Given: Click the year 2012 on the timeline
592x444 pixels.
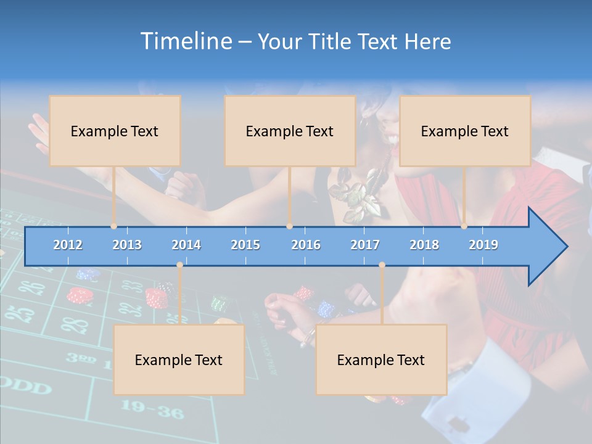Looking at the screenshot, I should pyautogui.click(x=68, y=245).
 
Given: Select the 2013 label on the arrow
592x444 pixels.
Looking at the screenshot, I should pyautogui.click(x=127, y=245).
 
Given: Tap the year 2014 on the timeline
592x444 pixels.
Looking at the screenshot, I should pyautogui.click(x=186, y=245).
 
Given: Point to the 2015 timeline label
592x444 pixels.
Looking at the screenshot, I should pyautogui.click(x=245, y=245).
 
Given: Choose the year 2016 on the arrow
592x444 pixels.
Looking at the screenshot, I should pyautogui.click(x=306, y=245).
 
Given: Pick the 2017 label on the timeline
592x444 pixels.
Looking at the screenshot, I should pyautogui.click(x=365, y=245).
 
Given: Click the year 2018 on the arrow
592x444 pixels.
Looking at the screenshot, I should pyautogui.click(x=424, y=245).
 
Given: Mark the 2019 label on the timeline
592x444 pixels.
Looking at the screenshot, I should pyautogui.click(x=483, y=245).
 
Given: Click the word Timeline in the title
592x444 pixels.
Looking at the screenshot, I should pyautogui.click(x=184, y=41).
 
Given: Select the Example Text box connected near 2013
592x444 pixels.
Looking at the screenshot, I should pyautogui.click(x=115, y=131).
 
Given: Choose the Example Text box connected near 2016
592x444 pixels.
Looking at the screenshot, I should pyautogui.click(x=290, y=131).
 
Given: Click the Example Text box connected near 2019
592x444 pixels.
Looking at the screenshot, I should pyautogui.click(x=465, y=131).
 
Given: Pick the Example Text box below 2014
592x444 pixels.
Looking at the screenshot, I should pyautogui.click(x=179, y=360).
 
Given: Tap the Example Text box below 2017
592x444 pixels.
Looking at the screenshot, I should pyautogui.click(x=381, y=360).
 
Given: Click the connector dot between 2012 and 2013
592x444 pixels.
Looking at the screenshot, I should pyautogui.click(x=114, y=226).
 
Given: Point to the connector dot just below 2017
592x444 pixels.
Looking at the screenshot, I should pyautogui.click(x=382, y=265).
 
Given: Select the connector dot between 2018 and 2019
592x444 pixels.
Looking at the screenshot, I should pyautogui.click(x=464, y=226).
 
